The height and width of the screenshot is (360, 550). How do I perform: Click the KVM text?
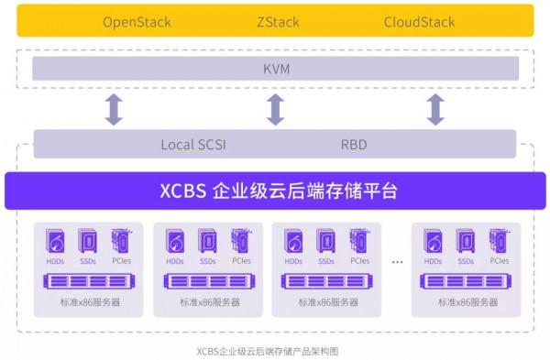click(x=275, y=69)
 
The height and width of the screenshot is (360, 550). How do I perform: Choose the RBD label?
click(x=354, y=144)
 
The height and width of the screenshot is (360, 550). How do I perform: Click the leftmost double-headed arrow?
click(x=114, y=108)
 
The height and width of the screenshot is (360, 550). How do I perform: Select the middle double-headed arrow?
click(x=275, y=108)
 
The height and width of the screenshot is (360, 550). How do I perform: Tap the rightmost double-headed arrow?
click(x=436, y=108)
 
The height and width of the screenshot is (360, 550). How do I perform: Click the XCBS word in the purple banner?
click(x=181, y=191)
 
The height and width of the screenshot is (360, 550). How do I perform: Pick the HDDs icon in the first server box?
click(x=55, y=242)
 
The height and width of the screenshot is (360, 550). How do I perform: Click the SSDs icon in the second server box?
click(x=208, y=242)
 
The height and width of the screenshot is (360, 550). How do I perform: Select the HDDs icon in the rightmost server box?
click(x=434, y=242)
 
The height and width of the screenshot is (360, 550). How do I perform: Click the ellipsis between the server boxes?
click(x=398, y=262)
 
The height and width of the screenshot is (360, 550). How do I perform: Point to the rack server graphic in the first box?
click(x=87, y=281)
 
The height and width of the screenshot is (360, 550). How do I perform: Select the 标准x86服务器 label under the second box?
click(x=209, y=302)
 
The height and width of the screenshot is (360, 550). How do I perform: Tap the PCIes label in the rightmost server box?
click(x=499, y=261)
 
